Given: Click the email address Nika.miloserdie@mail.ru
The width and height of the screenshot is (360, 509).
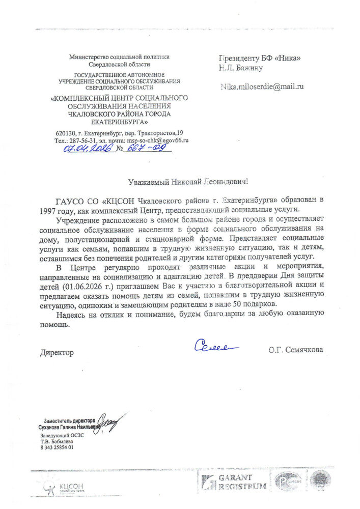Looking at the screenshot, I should (262, 87).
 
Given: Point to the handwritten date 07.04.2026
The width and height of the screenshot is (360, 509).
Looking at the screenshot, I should (88, 148).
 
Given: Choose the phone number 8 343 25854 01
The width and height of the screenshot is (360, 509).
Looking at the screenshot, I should (57, 447).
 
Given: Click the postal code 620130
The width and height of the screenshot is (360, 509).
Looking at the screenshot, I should (66, 133).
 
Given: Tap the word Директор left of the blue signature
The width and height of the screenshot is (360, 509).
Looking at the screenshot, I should (57, 352).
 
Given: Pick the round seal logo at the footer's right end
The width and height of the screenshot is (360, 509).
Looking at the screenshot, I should (320, 480).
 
